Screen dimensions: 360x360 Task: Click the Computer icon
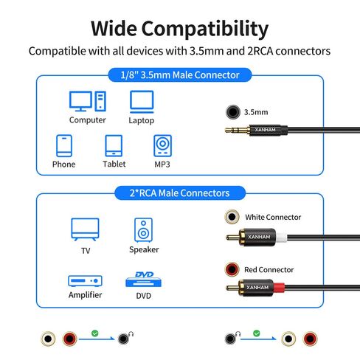88,101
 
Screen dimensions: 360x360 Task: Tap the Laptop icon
142,102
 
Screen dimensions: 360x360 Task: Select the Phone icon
64,145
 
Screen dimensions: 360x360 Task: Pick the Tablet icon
114,145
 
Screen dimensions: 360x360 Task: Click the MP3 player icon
162,145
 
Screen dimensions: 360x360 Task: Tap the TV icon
85,229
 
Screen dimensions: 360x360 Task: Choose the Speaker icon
143,230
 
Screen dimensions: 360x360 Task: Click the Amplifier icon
85,281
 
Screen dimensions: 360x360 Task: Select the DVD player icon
144,280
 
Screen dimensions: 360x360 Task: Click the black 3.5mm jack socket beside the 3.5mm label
232,112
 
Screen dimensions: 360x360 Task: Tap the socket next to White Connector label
232,217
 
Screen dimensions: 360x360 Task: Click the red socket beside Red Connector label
232,269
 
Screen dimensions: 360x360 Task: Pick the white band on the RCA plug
281,238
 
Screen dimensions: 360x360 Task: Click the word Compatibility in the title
204,30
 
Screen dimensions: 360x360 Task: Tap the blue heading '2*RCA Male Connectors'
180,193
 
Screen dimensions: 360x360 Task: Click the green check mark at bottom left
95,333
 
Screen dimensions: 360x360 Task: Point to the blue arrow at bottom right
258,339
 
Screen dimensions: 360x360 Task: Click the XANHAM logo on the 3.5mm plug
265,130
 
